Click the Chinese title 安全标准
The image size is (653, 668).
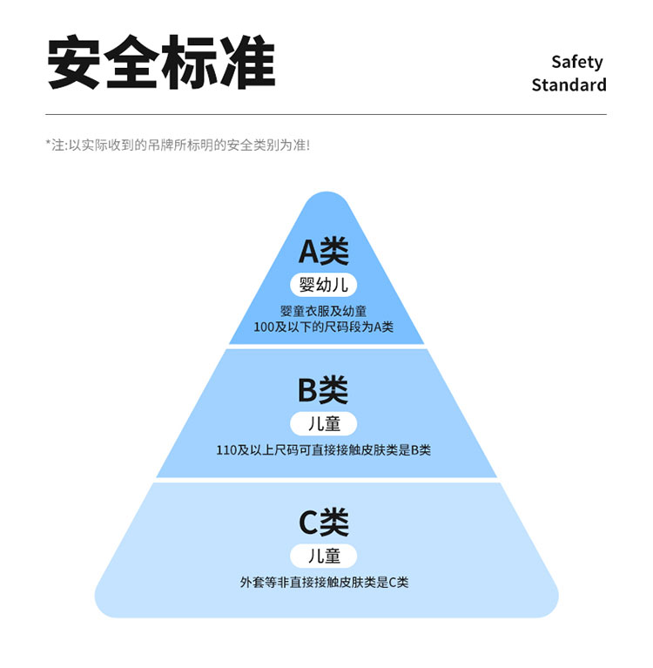tap(161, 63)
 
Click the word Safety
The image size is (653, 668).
tap(577, 63)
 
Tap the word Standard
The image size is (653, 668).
tap(569, 84)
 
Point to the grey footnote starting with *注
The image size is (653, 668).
tap(178, 145)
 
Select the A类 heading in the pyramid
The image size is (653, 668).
tap(324, 252)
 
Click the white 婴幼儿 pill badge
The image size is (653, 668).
tap(324, 285)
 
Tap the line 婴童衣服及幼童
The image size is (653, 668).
tap(324, 311)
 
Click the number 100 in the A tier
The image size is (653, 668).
tap(264, 327)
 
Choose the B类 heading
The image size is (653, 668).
tap(323, 390)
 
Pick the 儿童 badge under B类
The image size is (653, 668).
tap(324, 424)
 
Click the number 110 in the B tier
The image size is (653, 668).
tap(226, 450)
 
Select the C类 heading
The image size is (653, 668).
tap(324, 523)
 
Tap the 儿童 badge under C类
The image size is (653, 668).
tap(324, 556)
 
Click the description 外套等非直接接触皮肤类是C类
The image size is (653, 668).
tap(324, 582)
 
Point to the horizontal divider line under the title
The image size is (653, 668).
tap(326, 115)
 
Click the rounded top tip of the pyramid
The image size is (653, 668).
tap(326, 193)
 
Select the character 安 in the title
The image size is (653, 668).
tap(74, 63)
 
